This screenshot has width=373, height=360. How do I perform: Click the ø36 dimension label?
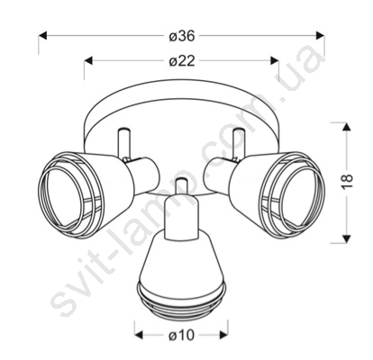point(182,36)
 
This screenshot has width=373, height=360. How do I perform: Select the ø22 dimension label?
point(182,61)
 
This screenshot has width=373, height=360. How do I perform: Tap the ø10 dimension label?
point(182,335)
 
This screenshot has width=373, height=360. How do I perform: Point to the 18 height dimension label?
point(347,181)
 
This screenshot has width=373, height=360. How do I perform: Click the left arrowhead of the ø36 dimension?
point(42,36)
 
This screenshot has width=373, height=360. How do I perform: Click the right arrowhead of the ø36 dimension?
point(321,36)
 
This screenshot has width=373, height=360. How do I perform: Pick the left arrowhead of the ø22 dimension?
point(88,60)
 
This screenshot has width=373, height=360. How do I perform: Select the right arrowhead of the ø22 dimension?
point(275,60)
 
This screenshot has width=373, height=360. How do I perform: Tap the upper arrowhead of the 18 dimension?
point(347,127)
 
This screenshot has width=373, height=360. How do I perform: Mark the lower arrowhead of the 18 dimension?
point(347,238)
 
